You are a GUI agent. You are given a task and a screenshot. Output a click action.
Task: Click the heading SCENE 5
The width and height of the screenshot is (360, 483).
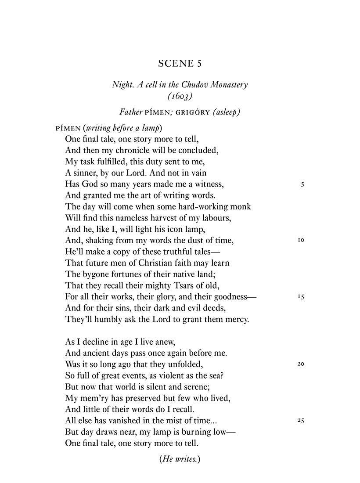click(180, 64)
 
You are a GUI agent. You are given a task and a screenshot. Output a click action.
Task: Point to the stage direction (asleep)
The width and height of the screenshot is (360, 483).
click(226, 112)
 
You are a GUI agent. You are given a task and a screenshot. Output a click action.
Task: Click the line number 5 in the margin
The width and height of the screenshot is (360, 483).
click(302, 185)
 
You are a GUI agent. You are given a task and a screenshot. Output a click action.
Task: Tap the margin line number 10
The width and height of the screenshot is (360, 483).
click(301, 241)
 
